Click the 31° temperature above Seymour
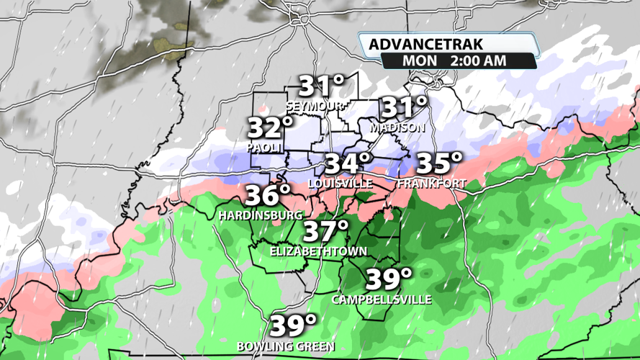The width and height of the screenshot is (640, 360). tap(323, 86)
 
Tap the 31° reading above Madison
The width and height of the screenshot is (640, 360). tap(403, 108)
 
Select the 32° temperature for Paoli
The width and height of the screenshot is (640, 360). tap(271, 128)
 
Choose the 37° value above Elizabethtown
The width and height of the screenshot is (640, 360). tap(325, 232)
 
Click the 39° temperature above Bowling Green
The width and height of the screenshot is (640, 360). tap(294, 325)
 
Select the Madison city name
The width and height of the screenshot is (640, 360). tap(398, 127)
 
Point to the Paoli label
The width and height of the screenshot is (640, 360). tap(263, 147)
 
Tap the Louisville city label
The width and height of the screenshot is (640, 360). tap(341, 184)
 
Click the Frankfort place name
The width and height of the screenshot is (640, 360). tap(432, 184)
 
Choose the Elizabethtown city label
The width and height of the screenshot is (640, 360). tap(318, 251)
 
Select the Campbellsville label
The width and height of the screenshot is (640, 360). tap(382, 299)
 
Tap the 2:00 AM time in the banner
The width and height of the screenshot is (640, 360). tap(477, 60)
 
